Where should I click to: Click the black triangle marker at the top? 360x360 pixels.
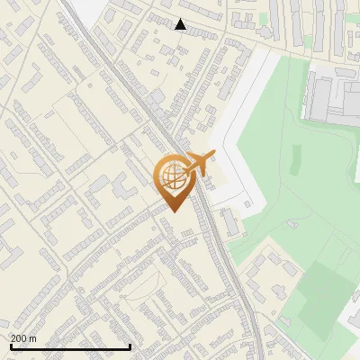pos(180,24)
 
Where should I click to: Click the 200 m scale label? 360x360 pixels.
pos(22,338)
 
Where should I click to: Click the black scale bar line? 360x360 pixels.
pos(70,346)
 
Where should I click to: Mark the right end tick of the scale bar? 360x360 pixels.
pos(130,345)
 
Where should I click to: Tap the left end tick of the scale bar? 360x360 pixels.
pos(10,345)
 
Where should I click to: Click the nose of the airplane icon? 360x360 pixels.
pos(212,155)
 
